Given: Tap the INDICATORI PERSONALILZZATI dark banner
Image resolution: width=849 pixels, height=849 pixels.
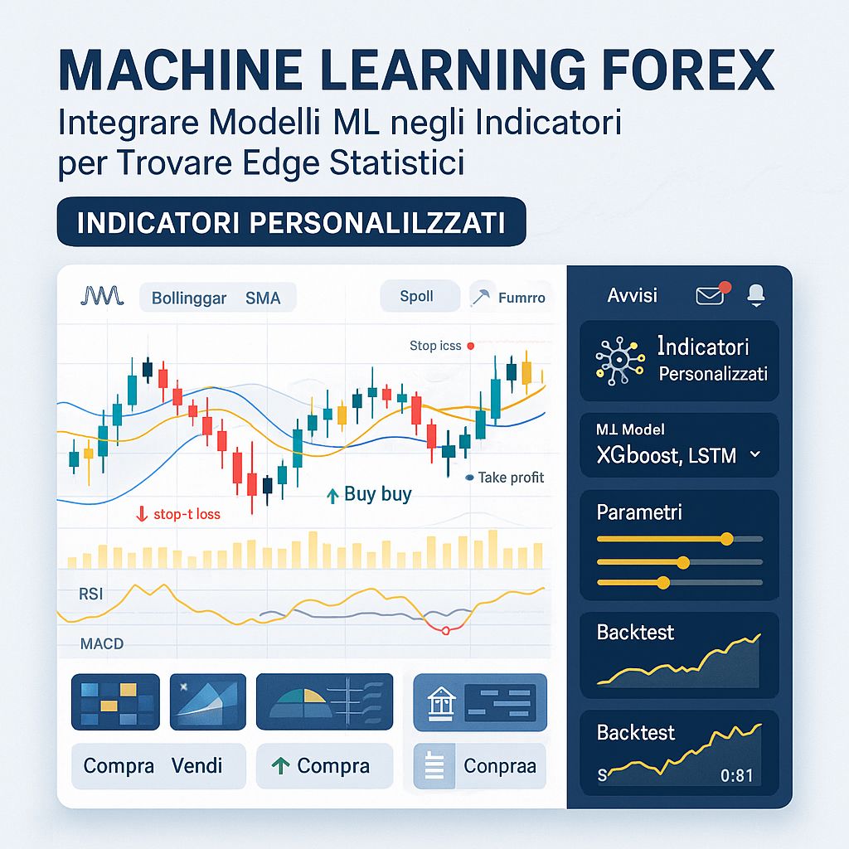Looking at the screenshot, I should point(291,222).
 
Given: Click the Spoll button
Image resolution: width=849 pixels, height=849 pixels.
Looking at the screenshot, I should point(416,296).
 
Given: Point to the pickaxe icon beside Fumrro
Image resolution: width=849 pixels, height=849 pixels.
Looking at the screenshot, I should point(481,296).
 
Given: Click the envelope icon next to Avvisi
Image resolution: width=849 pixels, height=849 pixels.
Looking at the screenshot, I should point(711,294).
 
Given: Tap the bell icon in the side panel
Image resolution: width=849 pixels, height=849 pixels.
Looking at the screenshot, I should point(756,294).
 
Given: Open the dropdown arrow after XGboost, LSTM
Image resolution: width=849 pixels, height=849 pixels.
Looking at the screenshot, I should point(754,454).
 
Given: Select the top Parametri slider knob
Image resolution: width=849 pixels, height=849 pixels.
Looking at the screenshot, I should point(727,539).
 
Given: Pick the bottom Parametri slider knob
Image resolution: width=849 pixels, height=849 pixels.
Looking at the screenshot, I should point(662,583).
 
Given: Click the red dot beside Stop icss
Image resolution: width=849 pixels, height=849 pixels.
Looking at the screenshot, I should point(470,346).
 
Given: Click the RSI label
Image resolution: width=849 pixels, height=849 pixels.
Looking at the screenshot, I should point(91,594).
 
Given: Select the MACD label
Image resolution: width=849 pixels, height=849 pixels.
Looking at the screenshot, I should point(102,643).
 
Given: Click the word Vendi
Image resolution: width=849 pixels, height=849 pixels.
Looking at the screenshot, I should point(196,765).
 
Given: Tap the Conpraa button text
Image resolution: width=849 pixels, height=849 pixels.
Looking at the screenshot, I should point(500,766).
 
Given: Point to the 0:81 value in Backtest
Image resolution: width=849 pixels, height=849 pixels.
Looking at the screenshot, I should point(737,776).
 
